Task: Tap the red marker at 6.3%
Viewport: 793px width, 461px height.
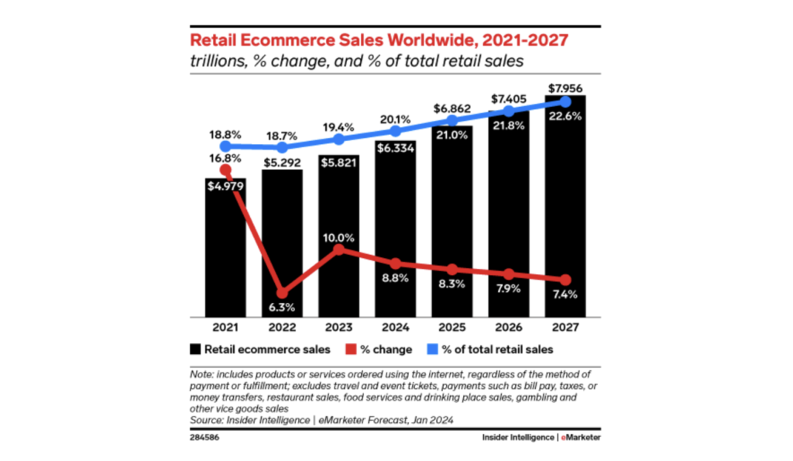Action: [282, 293]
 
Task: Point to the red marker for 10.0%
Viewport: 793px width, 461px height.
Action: [338, 249]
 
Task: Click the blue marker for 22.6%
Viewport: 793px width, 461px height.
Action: [565, 101]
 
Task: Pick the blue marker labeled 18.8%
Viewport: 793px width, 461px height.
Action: [225, 146]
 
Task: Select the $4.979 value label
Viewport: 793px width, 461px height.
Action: [225, 185]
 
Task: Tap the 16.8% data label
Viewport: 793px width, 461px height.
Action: [225, 157]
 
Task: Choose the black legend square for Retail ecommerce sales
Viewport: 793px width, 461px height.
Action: [196, 349]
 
